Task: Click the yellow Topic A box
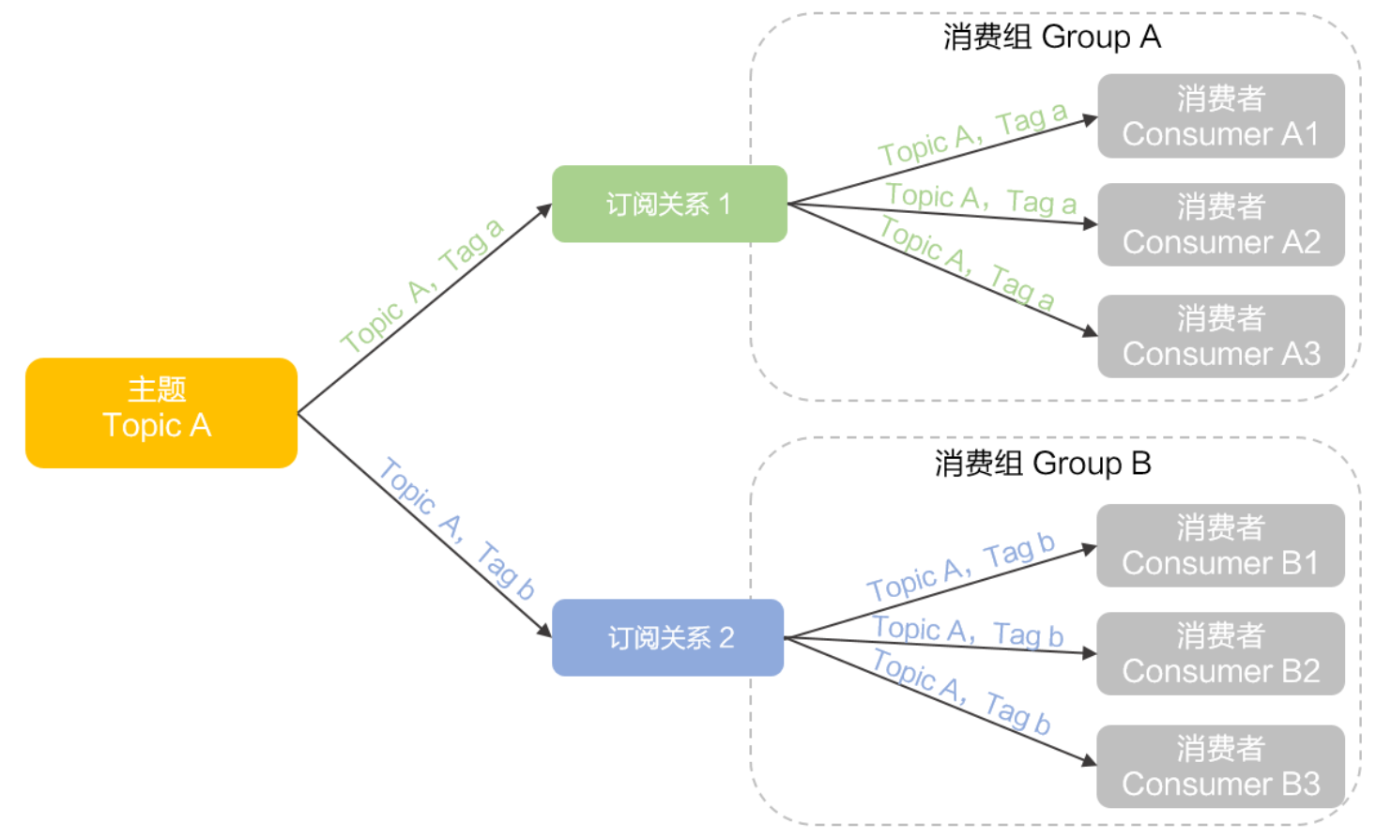point(161,413)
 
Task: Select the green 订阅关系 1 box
point(669,204)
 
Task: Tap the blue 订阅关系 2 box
point(667,637)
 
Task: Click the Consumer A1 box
point(1221,116)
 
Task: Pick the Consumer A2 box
point(1221,225)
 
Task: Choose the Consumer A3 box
point(1221,337)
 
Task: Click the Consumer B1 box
point(1220,545)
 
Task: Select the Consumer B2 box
point(1220,653)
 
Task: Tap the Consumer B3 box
point(1220,767)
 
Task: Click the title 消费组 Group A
point(1051,37)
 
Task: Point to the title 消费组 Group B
point(1043,463)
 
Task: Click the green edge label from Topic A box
point(422,286)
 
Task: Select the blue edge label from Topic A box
point(456,528)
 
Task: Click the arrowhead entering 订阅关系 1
point(544,210)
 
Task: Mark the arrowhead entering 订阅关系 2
point(544,631)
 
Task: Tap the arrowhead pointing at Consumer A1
point(1090,119)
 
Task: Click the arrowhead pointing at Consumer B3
point(1089,762)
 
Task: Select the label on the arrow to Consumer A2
point(981,199)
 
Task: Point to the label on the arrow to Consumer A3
point(967,263)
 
